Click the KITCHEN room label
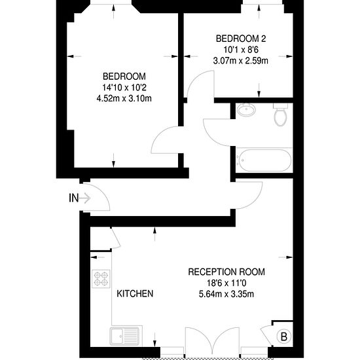pyautogui.click(x=135, y=294)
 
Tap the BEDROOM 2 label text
pyautogui.click(x=241, y=39)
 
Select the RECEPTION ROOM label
pyautogui.click(x=226, y=272)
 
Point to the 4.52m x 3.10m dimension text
pyautogui.click(x=124, y=98)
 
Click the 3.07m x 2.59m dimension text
pyautogui.click(x=241, y=61)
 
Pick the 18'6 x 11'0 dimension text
pyautogui.click(x=226, y=283)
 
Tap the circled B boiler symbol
pyautogui.click(x=284, y=337)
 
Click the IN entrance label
pyautogui.click(x=74, y=198)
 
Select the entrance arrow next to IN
pyautogui.click(x=85, y=198)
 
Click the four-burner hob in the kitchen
pyautogui.click(x=101, y=278)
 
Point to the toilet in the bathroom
pyautogui.click(x=280, y=115)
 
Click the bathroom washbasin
pyautogui.click(x=246, y=109)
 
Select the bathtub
pyautogui.click(x=264, y=160)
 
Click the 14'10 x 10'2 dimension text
pyautogui.click(x=124, y=88)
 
